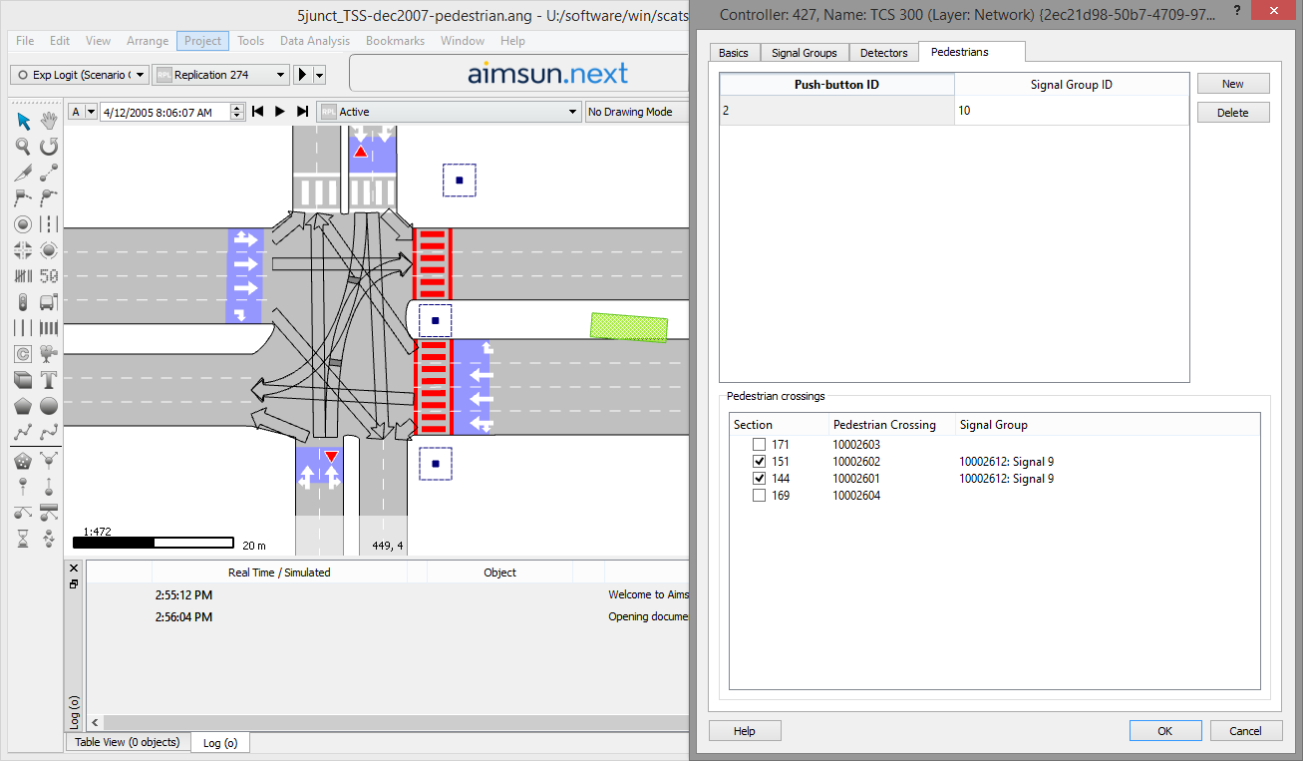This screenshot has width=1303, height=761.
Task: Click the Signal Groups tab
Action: (804, 53)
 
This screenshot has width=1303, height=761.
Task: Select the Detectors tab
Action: (883, 53)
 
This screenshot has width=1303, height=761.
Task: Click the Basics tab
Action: (735, 53)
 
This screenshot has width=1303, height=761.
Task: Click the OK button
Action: (1164, 731)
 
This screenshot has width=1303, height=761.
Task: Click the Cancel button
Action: (1244, 731)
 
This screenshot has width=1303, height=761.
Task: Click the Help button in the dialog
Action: (744, 731)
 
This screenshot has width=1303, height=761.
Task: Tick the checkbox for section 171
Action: (760, 445)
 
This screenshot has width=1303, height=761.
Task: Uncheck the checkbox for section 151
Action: (760, 462)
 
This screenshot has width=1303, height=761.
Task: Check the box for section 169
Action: (760, 496)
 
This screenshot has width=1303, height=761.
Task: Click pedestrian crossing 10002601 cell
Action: (856, 479)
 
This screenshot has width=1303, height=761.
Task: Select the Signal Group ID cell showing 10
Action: (1071, 111)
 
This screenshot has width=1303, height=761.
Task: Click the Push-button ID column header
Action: (836, 85)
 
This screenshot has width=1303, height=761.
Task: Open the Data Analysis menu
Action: (314, 41)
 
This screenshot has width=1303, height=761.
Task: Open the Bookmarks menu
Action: (395, 41)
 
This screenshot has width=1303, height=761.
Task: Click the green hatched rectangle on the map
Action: (628, 327)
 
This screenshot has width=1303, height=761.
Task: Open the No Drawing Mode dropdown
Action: (636, 112)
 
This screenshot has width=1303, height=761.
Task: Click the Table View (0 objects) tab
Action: (127, 742)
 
